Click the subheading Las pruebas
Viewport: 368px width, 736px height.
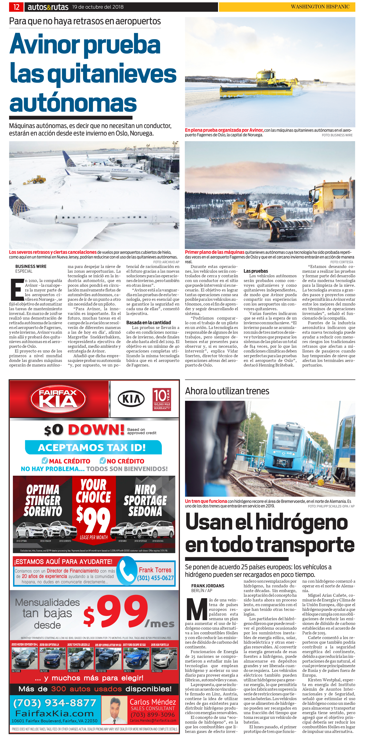256,271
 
